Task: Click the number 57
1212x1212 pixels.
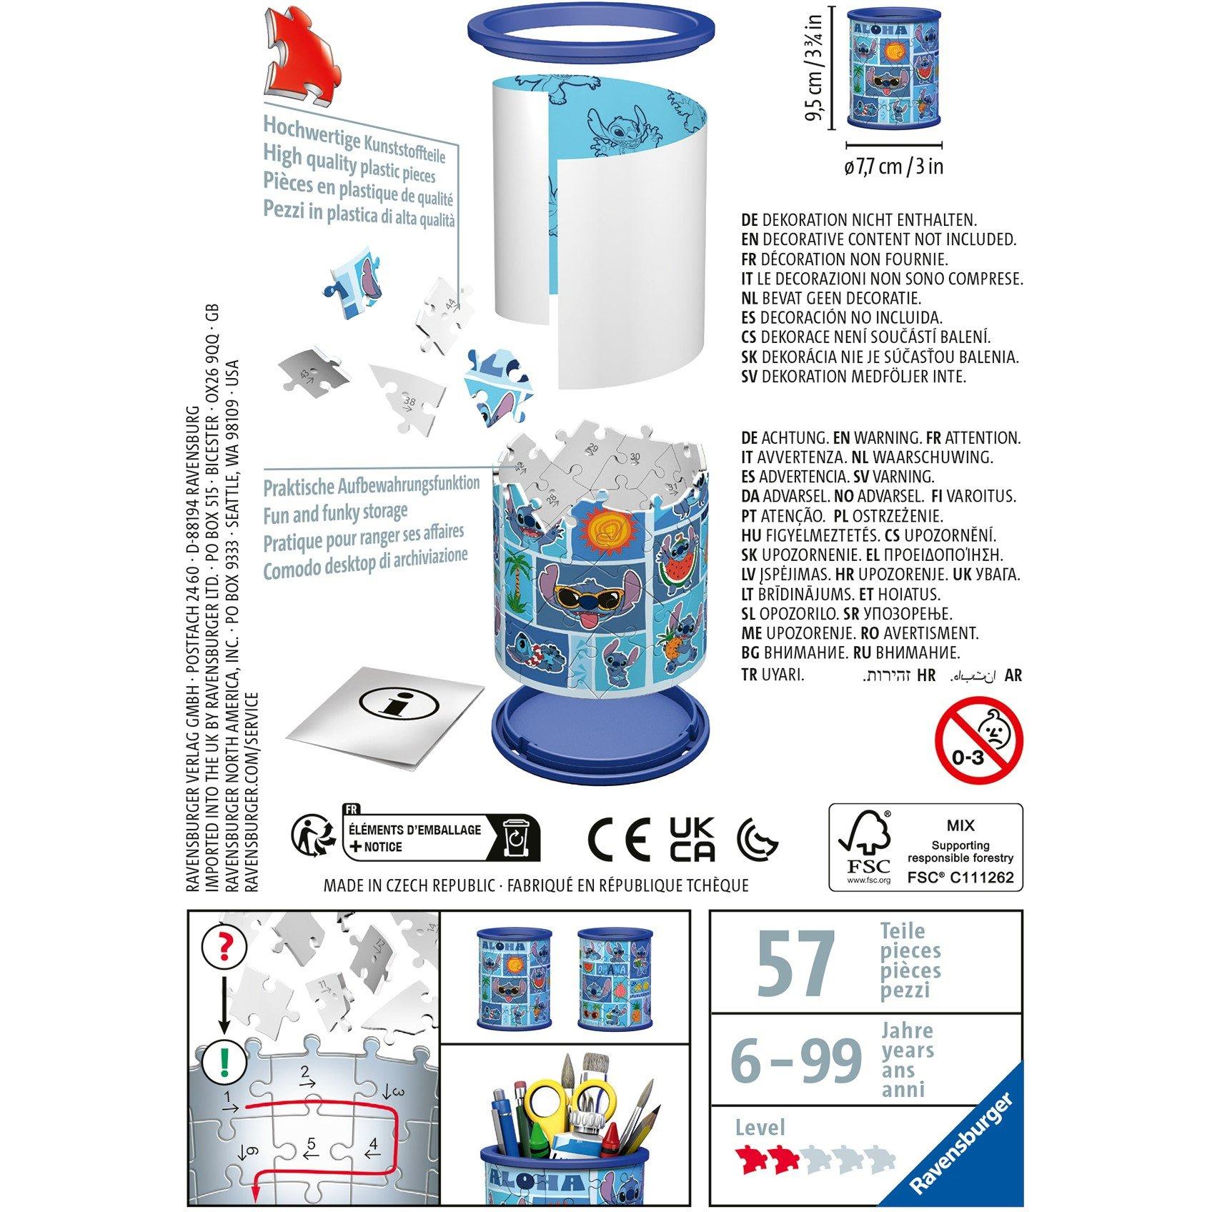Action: (795, 961)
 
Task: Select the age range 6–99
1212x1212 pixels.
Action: (795, 1060)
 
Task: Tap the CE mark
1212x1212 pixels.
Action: (619, 839)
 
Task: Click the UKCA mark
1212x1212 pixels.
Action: (692, 839)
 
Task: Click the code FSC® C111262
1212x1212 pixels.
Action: (960, 878)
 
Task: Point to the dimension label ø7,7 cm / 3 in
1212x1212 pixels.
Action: (893, 167)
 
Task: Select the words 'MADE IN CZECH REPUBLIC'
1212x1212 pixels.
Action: (409, 886)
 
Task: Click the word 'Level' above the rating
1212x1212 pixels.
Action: (760, 1128)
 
